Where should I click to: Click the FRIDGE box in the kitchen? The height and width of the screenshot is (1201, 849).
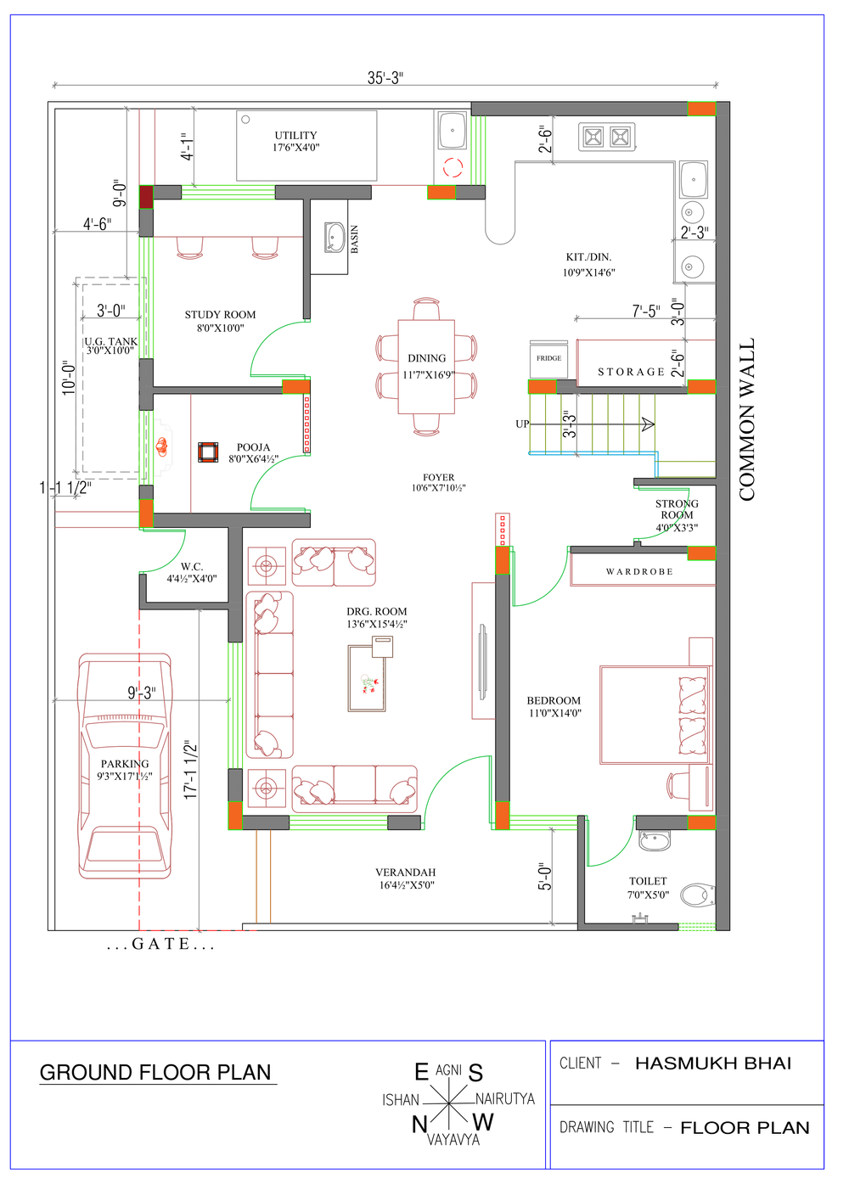548,358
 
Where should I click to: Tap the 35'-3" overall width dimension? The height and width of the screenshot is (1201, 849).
385,78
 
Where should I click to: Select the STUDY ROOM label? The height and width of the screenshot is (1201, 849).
220,315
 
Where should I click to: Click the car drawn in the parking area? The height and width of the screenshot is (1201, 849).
125,766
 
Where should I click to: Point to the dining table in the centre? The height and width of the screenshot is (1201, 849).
426,367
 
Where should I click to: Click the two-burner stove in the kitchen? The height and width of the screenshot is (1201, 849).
606,136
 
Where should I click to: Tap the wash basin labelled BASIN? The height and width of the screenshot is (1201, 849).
335,237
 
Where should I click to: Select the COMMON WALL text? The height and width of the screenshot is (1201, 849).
746,419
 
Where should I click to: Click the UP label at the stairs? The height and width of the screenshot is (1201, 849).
522,424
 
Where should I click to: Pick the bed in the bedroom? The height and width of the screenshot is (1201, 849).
655,714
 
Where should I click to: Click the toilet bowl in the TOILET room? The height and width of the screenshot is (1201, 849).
697,895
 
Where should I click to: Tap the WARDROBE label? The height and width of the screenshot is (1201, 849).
639,571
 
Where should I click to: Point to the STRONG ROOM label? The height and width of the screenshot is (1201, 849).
677,509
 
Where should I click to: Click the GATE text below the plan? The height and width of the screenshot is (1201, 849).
161,944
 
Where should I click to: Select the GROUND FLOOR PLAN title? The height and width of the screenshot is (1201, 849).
155,1072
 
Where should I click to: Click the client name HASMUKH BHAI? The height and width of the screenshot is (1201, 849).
713,1064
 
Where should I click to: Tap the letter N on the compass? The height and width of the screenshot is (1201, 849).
419,1125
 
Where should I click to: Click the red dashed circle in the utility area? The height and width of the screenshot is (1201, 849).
453,168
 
